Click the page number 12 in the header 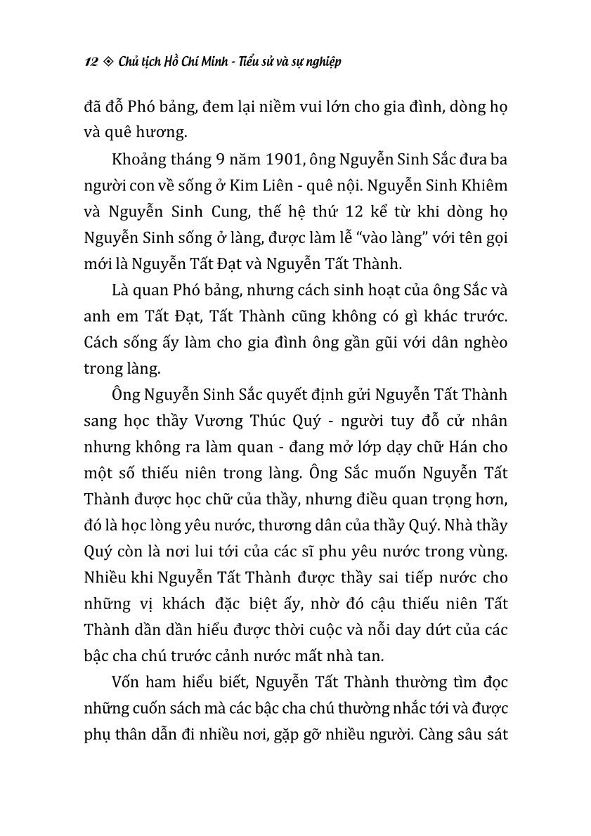(x=89, y=62)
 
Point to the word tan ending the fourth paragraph (x=370, y=657)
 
